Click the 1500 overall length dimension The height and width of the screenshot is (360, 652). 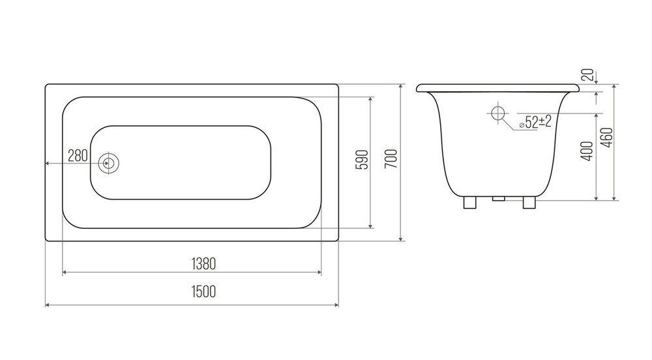[x=203, y=292]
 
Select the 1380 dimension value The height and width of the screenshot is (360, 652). [x=203, y=263]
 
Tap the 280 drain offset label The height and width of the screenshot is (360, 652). [x=78, y=156]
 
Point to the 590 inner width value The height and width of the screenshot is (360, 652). [x=363, y=160]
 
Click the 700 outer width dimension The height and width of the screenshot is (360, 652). [x=391, y=158]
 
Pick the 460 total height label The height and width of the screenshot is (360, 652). [x=608, y=138]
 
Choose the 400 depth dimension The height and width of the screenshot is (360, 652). [x=587, y=151]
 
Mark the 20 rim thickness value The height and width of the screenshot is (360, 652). [x=587, y=75]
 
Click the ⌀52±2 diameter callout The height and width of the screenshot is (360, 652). [x=535, y=122]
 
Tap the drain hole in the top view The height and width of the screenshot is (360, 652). [x=109, y=163]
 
